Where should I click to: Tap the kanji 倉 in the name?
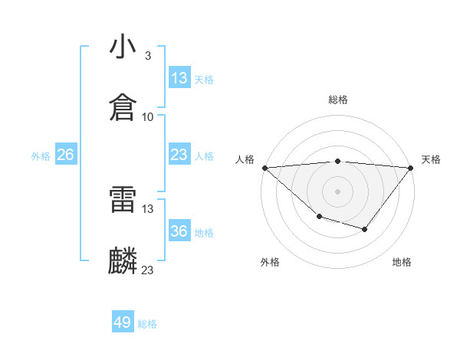click(123, 108)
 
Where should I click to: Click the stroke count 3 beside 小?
click(147, 56)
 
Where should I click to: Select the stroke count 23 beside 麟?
click(147, 270)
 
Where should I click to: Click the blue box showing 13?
click(179, 78)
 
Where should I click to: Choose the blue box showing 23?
click(179, 155)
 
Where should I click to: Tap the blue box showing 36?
click(179, 232)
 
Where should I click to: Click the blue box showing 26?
click(66, 155)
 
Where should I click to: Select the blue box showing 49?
click(123, 322)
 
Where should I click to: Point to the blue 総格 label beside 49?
click(147, 324)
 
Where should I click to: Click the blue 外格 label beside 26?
click(41, 156)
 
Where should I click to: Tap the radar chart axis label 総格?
click(337, 100)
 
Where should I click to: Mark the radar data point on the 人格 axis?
click(264, 167)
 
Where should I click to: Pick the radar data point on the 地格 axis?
click(365, 229)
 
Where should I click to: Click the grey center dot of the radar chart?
click(337, 191)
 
